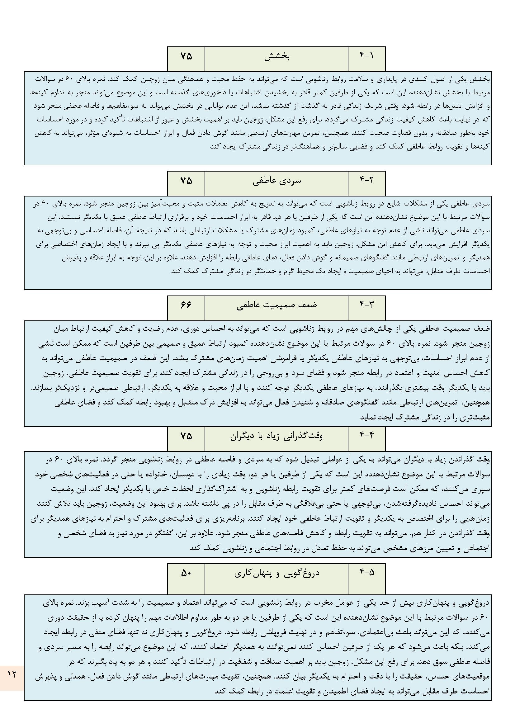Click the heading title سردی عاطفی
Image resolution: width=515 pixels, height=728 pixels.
[x=277, y=181]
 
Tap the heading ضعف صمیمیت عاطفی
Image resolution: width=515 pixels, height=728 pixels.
[x=277, y=305]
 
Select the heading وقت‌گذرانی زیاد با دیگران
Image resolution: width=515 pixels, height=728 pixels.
[x=276, y=436]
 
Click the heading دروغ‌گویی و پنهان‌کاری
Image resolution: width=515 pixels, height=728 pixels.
[x=277, y=573]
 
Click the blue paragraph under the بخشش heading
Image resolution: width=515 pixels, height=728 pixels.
[x=257, y=118]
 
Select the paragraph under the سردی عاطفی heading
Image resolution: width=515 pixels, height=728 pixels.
[x=257, y=243]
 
